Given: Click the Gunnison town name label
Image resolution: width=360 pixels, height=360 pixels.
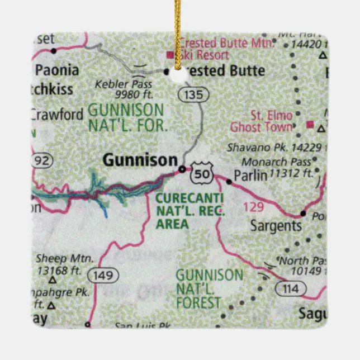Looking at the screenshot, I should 139,160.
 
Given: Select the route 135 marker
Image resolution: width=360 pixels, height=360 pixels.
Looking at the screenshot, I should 193,94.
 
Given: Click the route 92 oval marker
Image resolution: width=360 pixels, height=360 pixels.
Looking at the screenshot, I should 42,161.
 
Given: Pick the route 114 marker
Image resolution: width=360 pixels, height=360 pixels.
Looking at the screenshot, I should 290,288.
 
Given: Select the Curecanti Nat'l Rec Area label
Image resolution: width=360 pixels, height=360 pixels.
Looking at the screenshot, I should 189,211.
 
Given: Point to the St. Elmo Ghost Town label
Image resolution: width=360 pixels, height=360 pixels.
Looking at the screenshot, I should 262,121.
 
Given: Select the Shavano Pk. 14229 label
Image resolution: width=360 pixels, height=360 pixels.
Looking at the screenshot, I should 274,148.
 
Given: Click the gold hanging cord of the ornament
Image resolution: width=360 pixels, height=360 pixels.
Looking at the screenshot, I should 180,22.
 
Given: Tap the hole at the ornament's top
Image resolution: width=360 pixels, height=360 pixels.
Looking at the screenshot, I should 180,75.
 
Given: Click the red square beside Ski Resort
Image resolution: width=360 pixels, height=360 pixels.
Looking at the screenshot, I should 170,55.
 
